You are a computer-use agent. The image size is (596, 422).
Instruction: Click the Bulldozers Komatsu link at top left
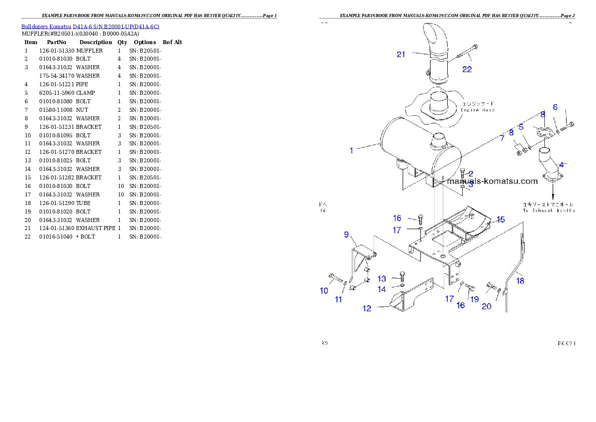90,27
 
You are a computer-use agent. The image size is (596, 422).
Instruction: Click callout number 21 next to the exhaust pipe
401,55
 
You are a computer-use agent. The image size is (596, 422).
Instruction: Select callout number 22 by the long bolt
467,70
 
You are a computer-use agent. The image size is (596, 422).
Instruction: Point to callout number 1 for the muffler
352,150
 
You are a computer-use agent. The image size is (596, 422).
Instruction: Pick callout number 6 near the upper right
555,107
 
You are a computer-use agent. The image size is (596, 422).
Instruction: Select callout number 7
502,138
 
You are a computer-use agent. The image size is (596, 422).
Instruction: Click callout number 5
521,127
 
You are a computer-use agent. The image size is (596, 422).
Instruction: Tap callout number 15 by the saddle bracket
501,220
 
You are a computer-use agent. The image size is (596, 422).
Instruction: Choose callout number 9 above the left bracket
346,234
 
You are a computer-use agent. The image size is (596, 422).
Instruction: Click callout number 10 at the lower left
324,291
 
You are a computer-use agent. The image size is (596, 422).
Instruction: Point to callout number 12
367,309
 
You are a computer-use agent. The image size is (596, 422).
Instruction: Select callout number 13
382,279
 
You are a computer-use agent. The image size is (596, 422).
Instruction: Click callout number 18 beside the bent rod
520,281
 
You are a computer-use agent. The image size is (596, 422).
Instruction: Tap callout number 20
486,306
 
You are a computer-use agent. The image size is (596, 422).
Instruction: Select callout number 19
474,299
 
